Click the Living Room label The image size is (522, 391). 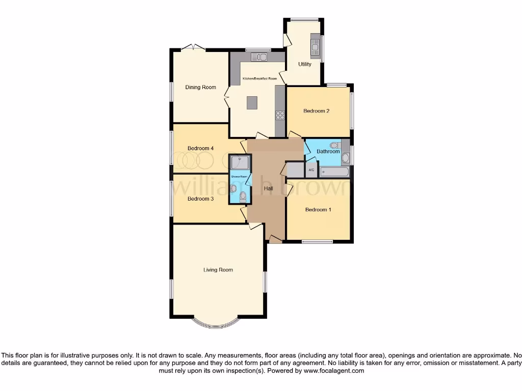pyautogui.click(x=218, y=270)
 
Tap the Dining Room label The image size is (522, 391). pyautogui.click(x=200, y=87)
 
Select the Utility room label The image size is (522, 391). pyautogui.click(x=305, y=64)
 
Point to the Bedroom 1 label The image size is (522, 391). pyautogui.click(x=318, y=210)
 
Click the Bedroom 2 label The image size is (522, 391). pyautogui.click(x=316, y=111)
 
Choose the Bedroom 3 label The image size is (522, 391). pyautogui.click(x=200, y=199)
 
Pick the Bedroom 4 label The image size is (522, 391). pyautogui.click(x=200, y=149)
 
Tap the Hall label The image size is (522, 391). pyautogui.click(x=268, y=189)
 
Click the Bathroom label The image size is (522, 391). pyautogui.click(x=328, y=151)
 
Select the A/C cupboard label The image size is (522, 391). pyautogui.click(x=311, y=170)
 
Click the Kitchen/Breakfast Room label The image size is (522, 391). pyautogui.click(x=259, y=78)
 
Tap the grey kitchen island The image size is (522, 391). pyautogui.click(x=252, y=103)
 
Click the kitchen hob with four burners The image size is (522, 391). pyautogui.click(x=280, y=115)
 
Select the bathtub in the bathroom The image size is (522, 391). pyautogui.click(x=335, y=172)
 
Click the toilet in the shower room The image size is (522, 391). pyautogui.click(x=243, y=197)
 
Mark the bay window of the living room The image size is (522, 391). pyautogui.click(x=215, y=324)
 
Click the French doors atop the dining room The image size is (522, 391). pyautogui.click(x=194, y=47)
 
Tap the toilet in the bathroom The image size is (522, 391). pyautogui.click(x=333, y=145)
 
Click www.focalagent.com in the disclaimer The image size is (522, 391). pyautogui.click(x=334, y=371)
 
